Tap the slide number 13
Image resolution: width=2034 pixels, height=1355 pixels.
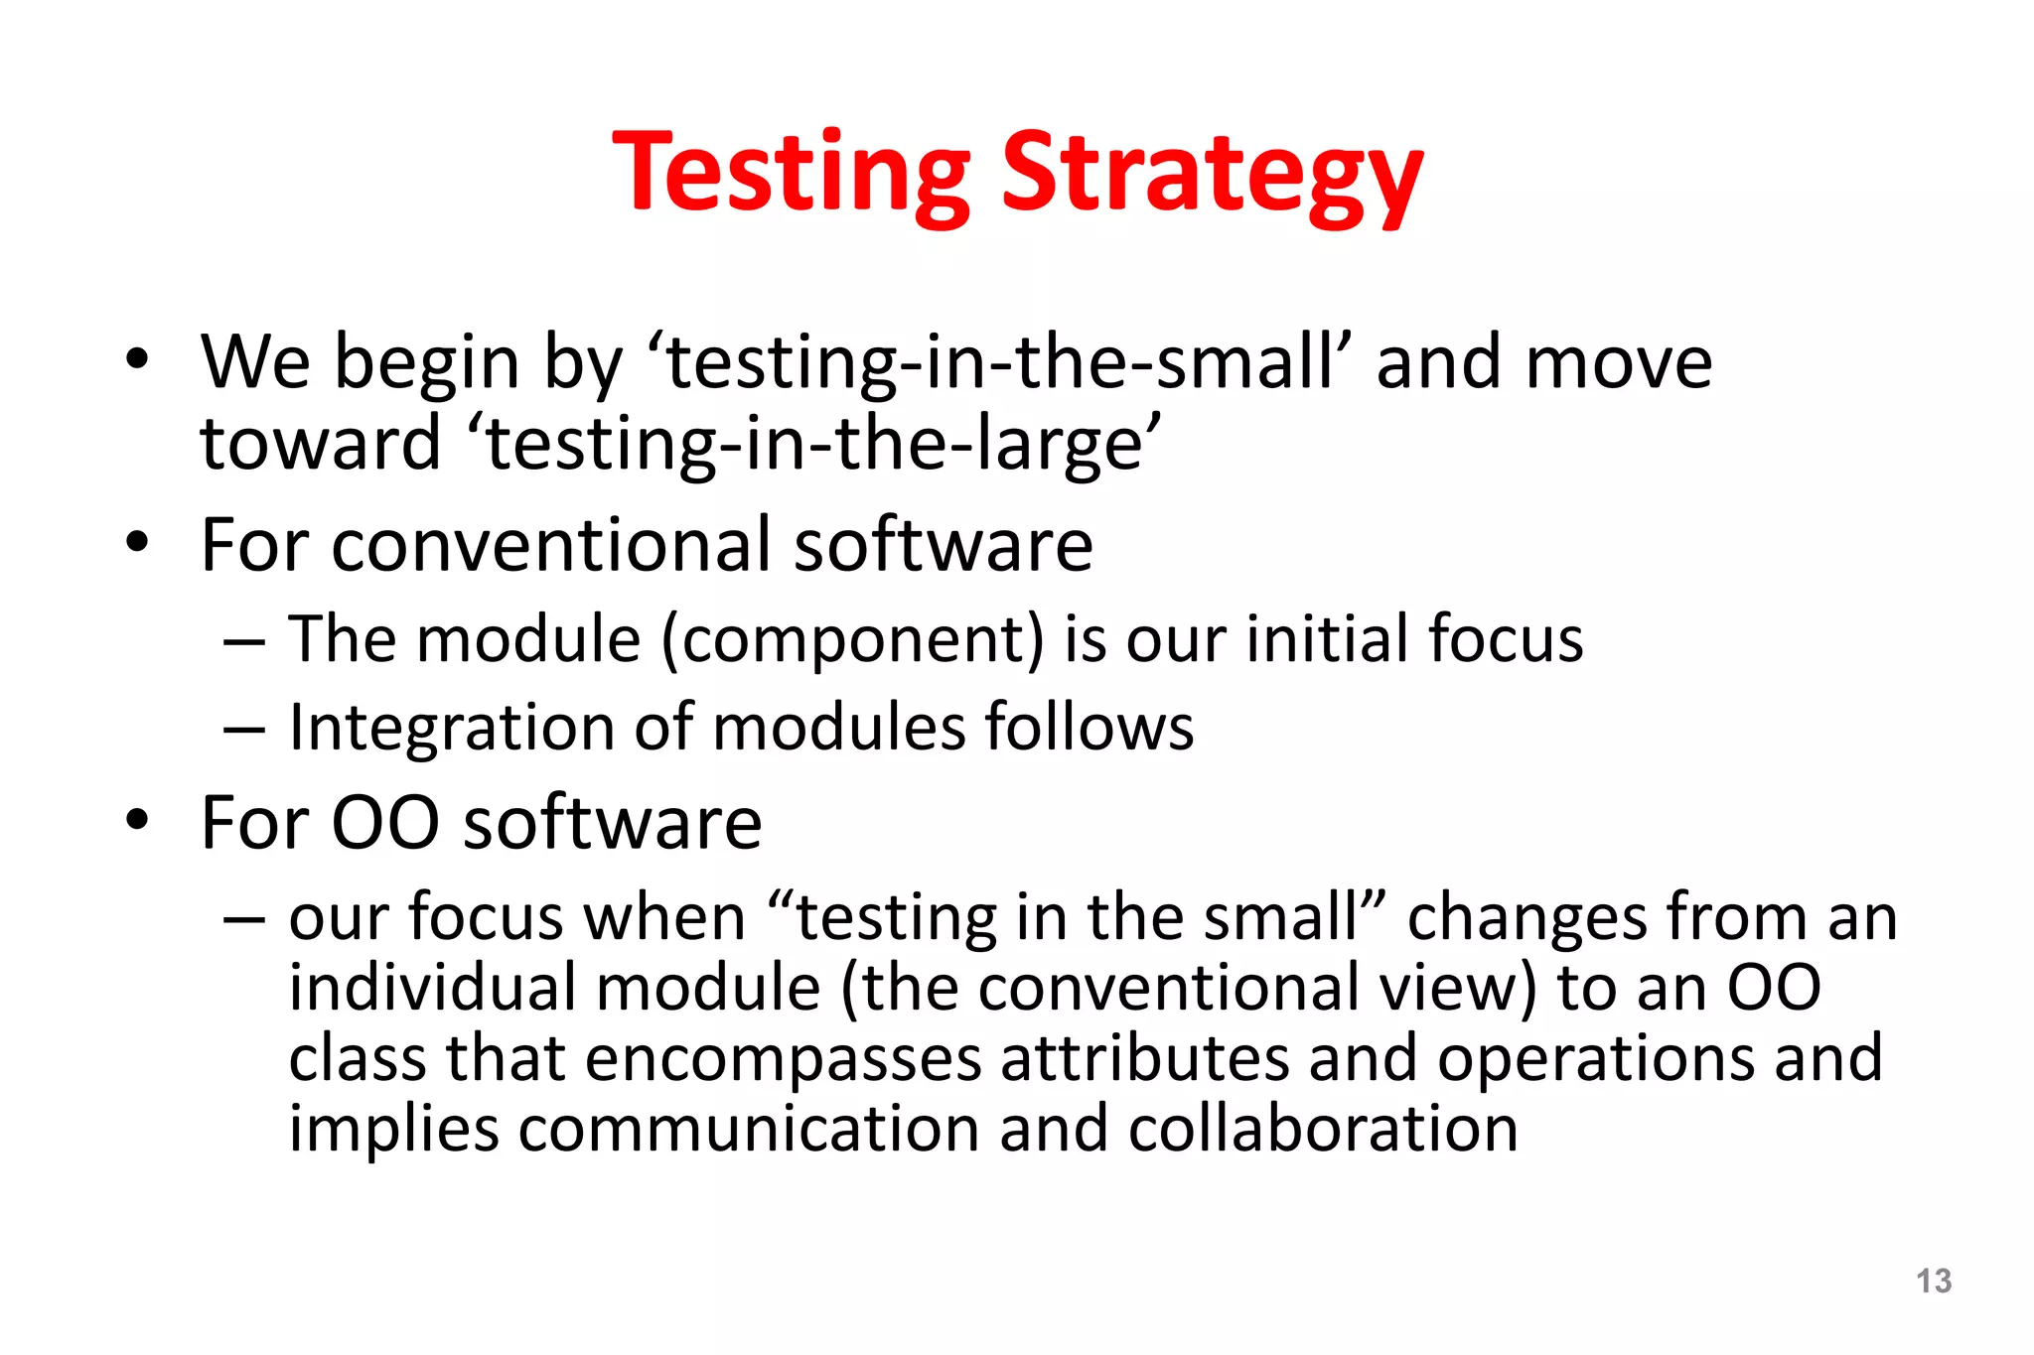(x=1933, y=1281)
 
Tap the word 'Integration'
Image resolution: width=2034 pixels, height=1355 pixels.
(x=452, y=728)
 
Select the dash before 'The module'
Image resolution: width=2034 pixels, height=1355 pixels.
(x=244, y=642)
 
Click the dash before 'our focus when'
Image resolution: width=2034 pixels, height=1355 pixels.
(x=244, y=919)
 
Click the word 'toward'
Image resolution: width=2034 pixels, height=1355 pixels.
(x=320, y=444)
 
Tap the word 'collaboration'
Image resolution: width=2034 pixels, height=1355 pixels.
(x=1322, y=1129)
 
